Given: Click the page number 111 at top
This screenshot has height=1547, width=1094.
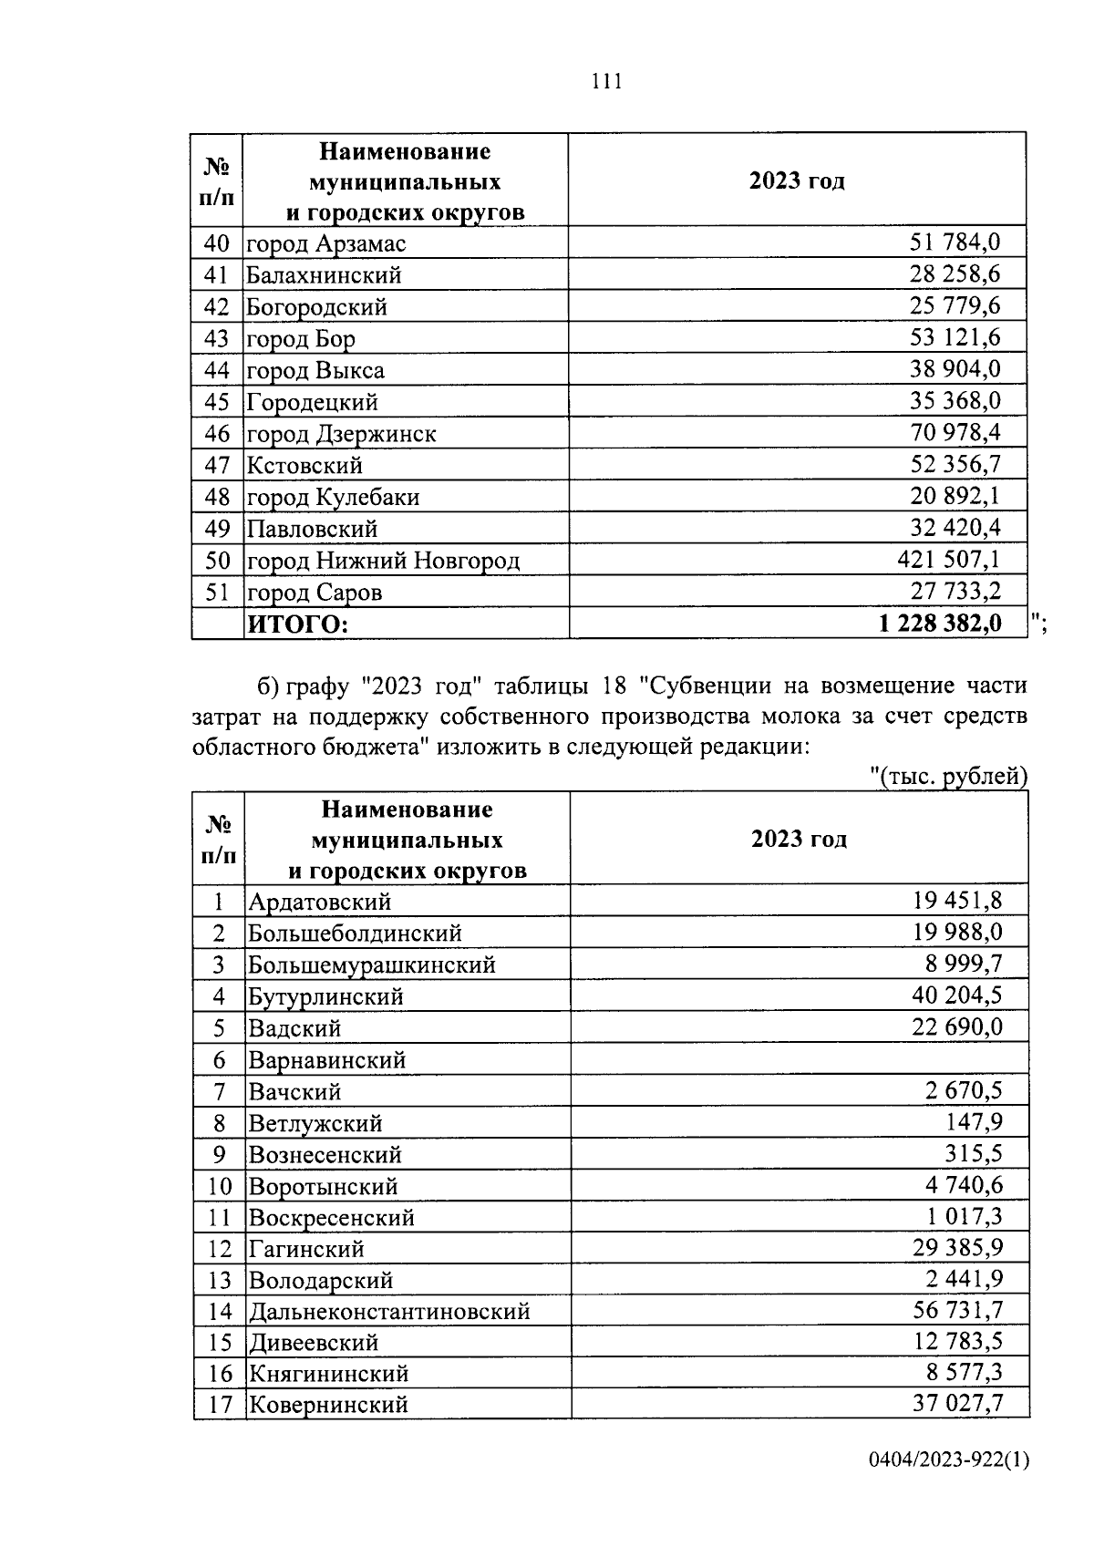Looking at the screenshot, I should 606,82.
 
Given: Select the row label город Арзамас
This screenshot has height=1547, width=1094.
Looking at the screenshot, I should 326,243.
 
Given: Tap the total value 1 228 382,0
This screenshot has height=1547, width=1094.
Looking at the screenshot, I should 940,623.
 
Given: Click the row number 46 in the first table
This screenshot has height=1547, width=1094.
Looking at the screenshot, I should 217,434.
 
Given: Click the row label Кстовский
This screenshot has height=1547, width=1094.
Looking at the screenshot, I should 304,466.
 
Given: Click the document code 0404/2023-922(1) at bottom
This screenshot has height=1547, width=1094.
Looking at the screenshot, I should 948,1487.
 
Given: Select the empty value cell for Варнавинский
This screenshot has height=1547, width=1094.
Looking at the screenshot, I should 799,1059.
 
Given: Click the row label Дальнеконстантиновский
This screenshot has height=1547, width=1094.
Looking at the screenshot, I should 389,1312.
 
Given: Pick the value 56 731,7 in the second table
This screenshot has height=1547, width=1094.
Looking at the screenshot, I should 957,1310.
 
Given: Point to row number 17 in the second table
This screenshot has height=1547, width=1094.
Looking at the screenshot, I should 220,1405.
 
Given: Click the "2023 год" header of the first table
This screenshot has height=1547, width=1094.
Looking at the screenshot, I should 797,180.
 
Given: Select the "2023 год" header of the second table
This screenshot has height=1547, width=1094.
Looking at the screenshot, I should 799,839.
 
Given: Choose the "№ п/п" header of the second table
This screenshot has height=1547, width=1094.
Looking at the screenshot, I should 219,840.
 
